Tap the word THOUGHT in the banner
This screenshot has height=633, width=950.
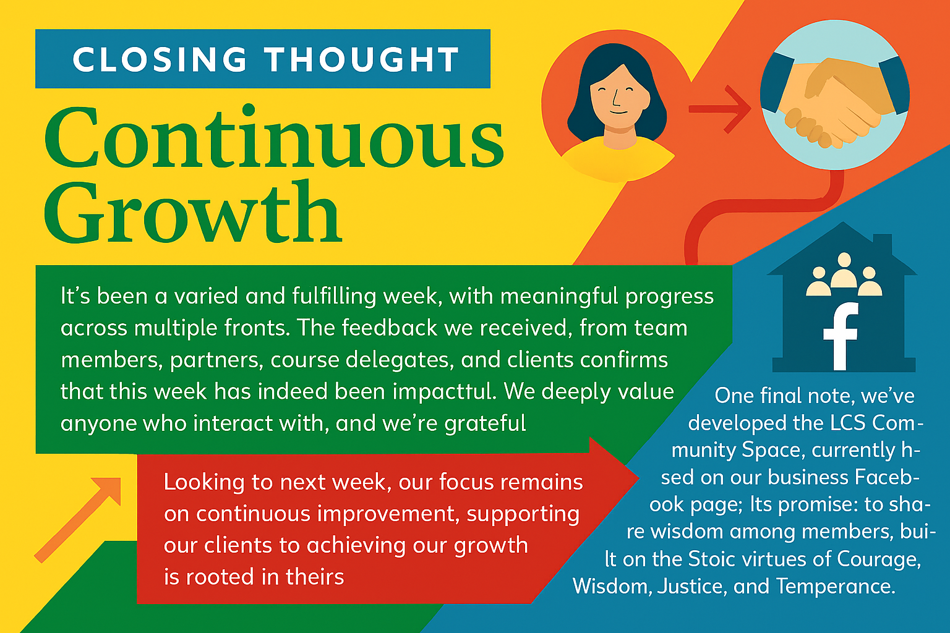pyautogui.click(x=363, y=59)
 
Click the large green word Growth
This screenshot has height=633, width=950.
pyautogui.click(x=193, y=211)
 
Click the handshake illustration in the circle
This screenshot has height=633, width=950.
pyautogui.click(x=834, y=103)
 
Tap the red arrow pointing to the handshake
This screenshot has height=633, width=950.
pyautogui.click(x=720, y=109)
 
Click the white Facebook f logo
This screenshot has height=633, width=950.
pyautogui.click(x=841, y=336)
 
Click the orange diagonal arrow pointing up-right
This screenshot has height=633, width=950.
pyautogui.click(x=77, y=520)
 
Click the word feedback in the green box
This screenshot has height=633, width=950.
pyautogui.click(x=389, y=327)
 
